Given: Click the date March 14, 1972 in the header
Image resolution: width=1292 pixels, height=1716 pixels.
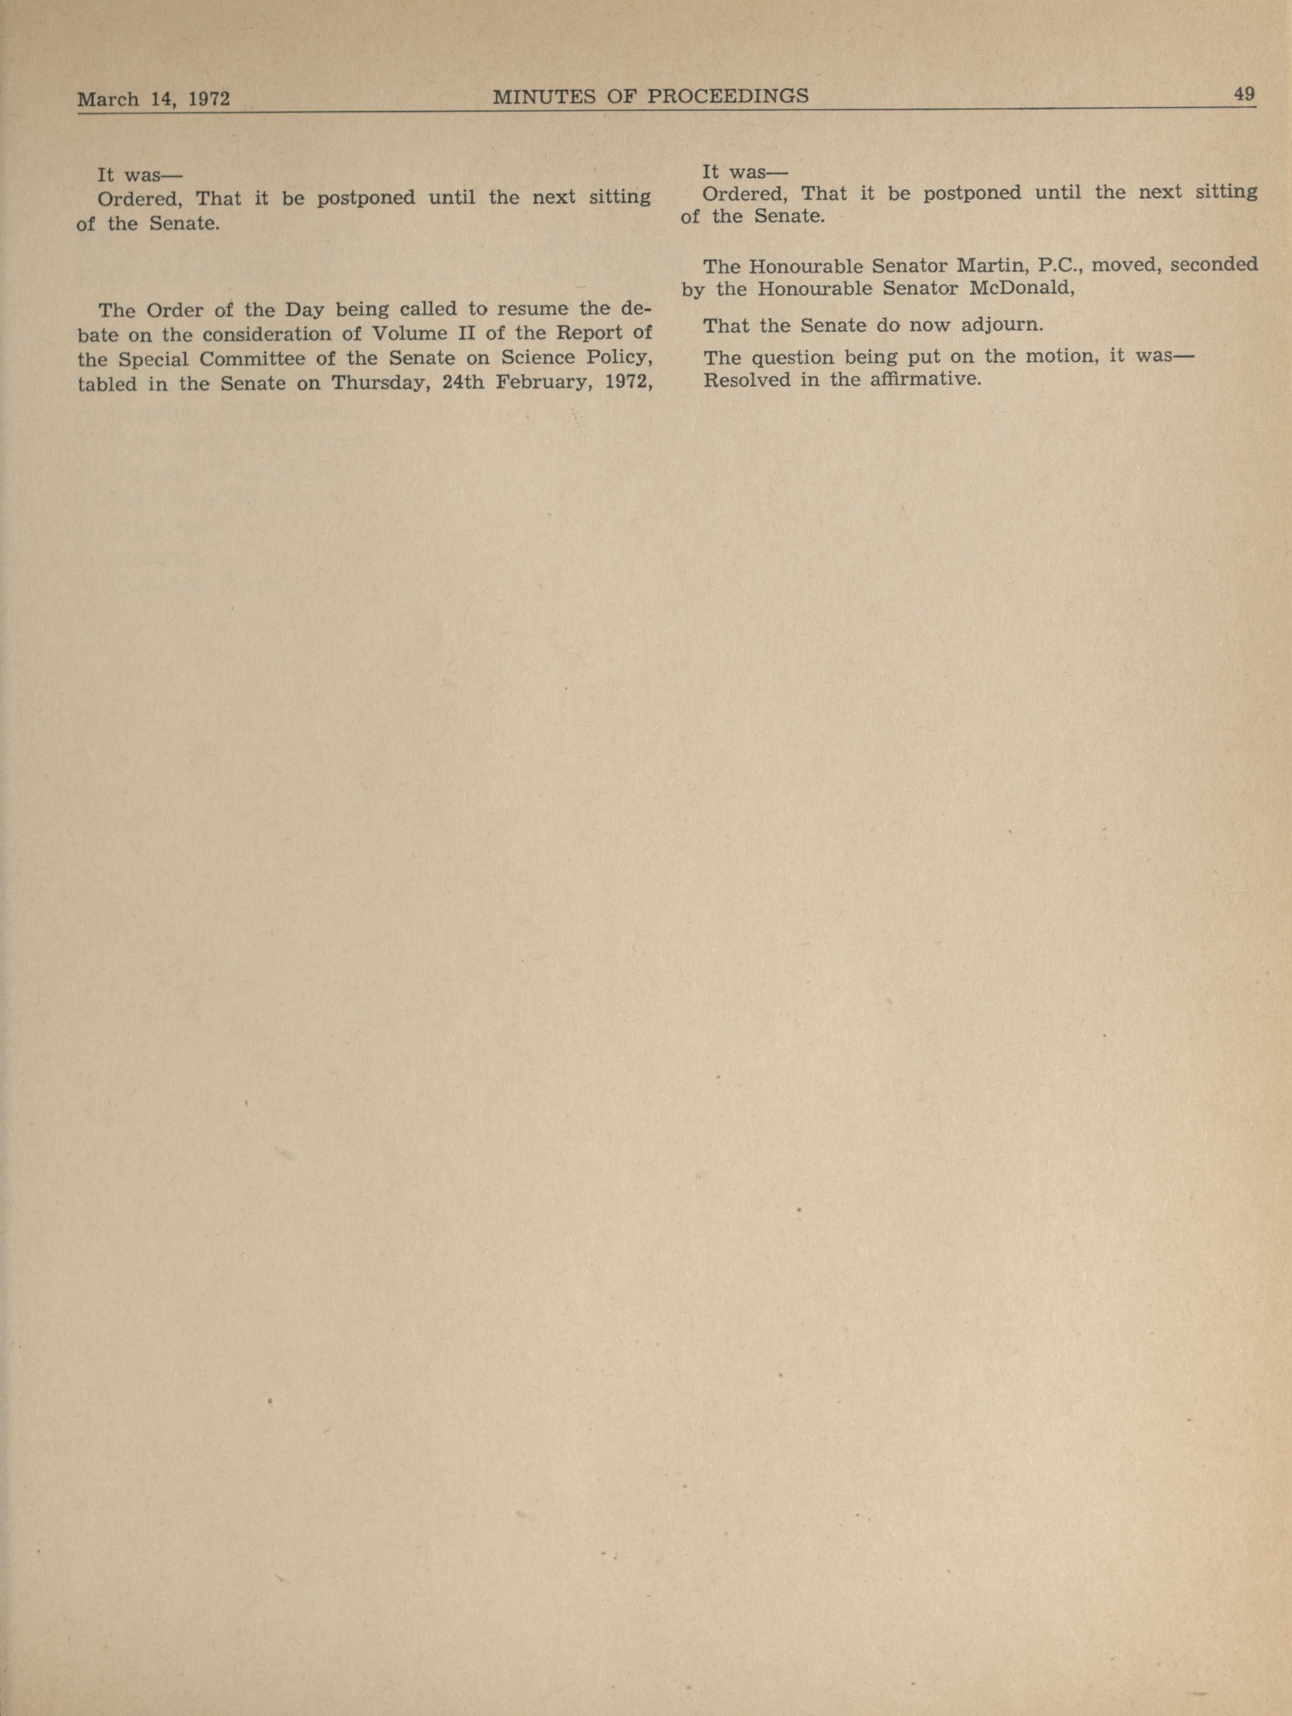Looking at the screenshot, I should (153, 99).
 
